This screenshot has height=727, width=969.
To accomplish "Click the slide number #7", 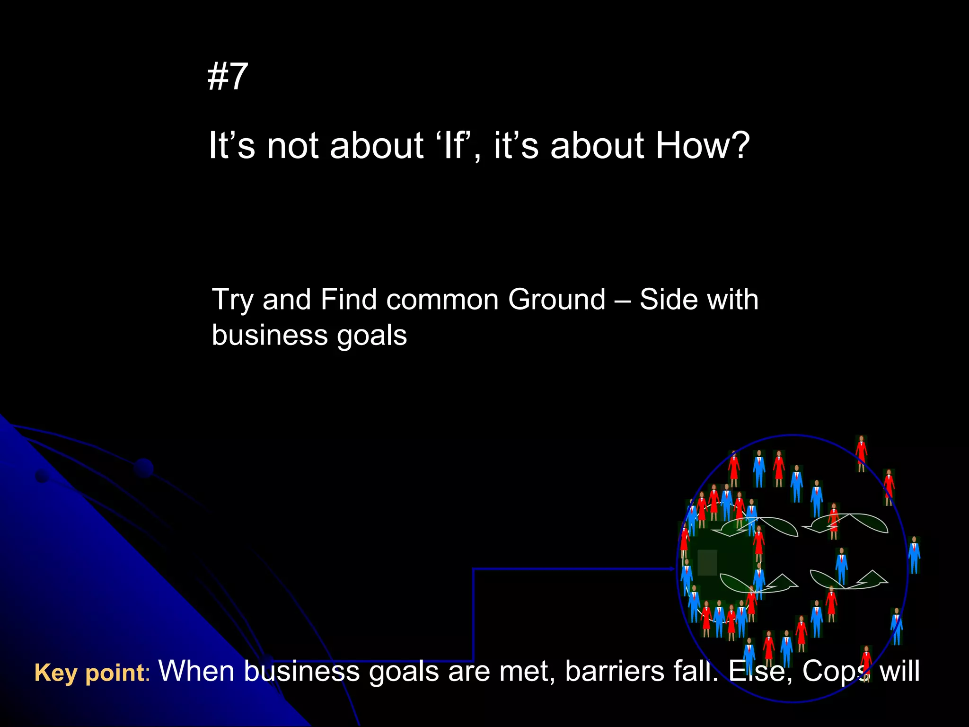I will (228, 77).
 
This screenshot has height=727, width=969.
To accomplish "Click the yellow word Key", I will (56, 673).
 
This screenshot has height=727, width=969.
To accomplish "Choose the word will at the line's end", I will (899, 671).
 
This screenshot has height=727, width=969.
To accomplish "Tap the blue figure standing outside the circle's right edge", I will (914, 555).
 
